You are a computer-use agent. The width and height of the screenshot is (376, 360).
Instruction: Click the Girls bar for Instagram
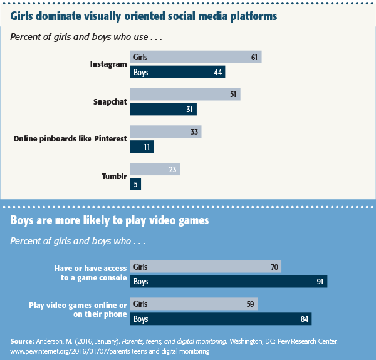196,58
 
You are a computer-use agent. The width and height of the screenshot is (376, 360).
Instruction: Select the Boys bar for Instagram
177,73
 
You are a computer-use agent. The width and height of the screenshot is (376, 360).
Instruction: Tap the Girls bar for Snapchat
185,95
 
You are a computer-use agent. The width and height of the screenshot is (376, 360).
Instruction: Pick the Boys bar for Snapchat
163,110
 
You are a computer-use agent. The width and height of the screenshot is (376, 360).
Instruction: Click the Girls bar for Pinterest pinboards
165,132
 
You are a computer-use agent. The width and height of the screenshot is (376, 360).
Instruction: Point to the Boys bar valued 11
142,147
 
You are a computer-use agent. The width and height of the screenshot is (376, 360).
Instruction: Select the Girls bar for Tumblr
155,169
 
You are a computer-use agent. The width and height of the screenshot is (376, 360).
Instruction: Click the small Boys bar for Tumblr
135,184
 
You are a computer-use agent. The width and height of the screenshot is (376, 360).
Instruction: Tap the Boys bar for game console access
229,282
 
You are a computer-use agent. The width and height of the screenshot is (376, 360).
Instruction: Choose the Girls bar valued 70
206,267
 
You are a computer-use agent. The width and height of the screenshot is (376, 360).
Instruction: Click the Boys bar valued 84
221,319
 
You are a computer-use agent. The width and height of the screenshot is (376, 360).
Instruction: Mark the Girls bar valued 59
194,304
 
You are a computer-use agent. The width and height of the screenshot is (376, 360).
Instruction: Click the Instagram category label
108,64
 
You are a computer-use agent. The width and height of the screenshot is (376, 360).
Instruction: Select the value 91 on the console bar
319,282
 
